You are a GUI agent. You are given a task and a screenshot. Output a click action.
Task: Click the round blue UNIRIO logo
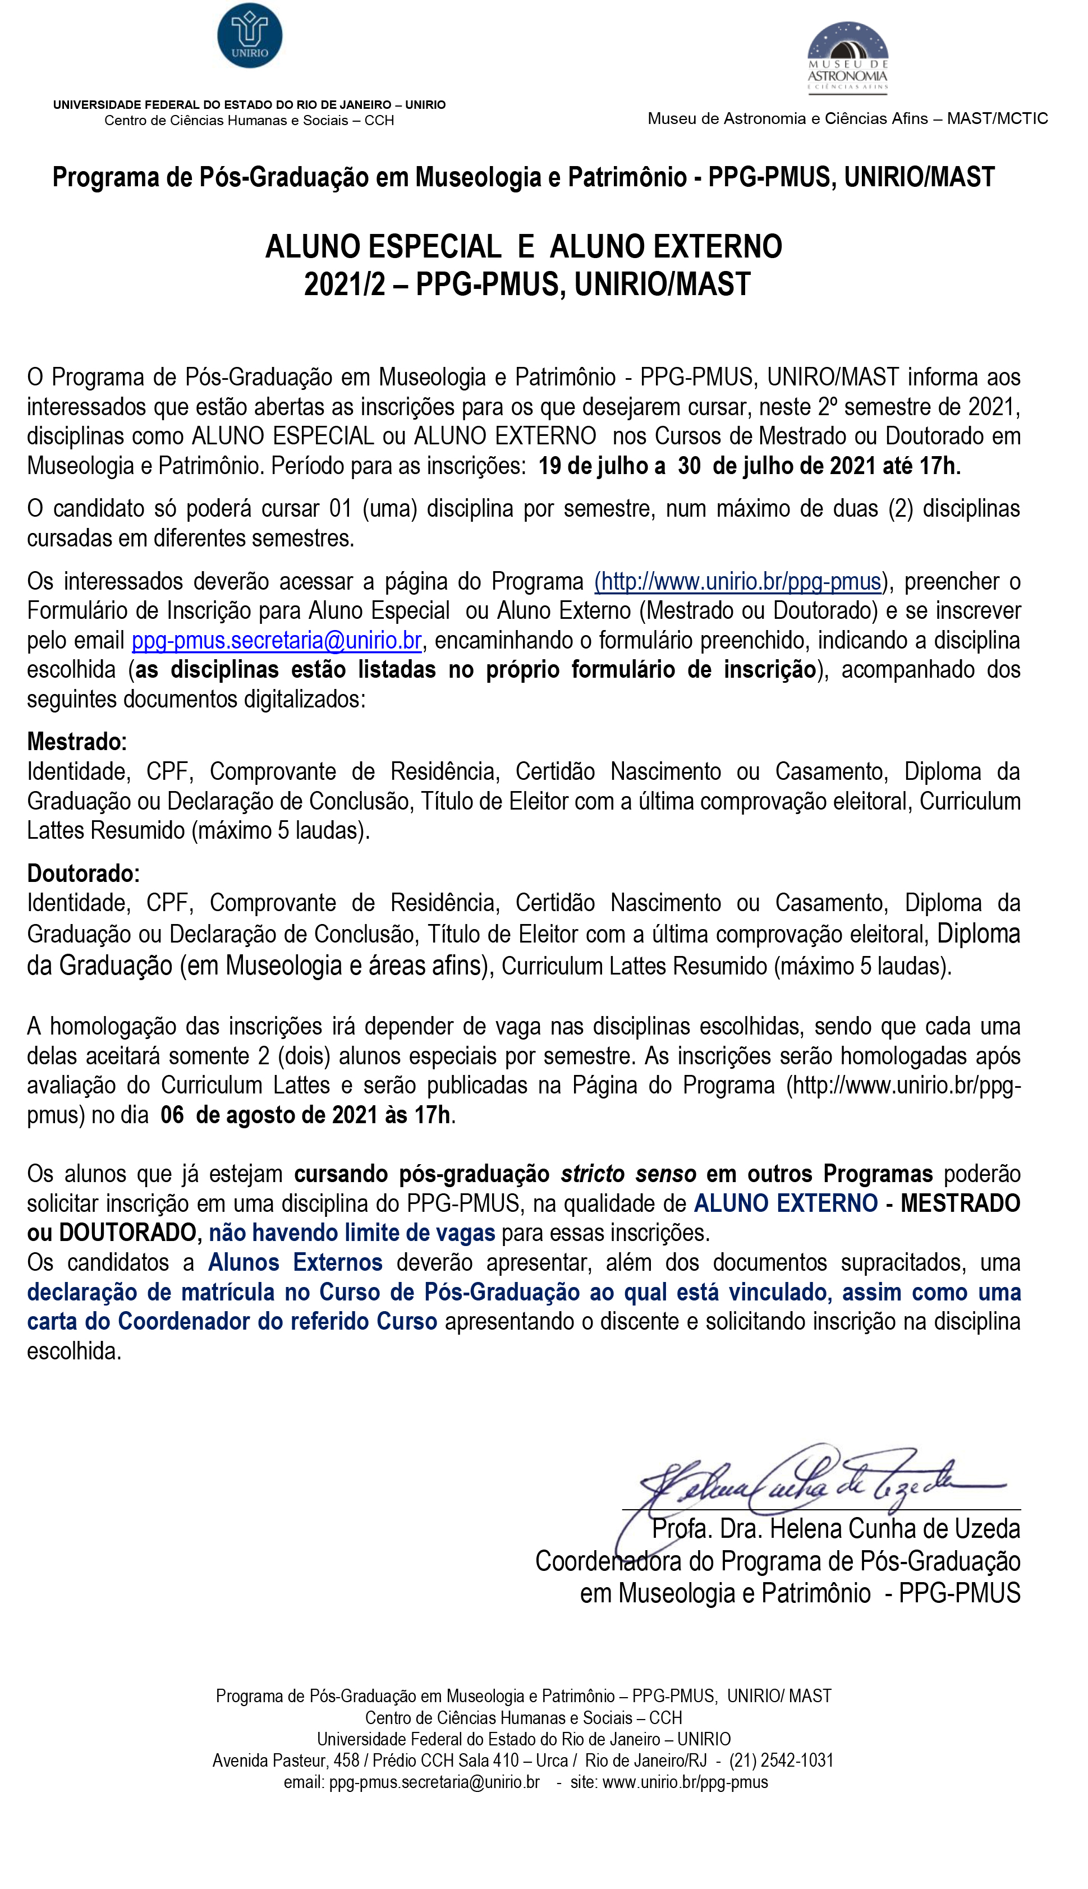pyautogui.click(x=250, y=35)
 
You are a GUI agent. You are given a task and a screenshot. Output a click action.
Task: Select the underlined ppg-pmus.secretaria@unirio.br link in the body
pyautogui.click(x=277, y=640)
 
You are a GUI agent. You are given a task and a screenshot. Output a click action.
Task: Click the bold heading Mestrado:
pyautogui.click(x=77, y=742)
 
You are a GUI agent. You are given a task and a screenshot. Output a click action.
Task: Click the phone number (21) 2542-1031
pyautogui.click(x=781, y=1761)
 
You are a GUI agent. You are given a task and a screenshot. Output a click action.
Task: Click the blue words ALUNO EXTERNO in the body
pyautogui.click(x=786, y=1203)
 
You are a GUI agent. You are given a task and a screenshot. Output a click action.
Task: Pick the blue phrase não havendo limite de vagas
pyautogui.click(x=351, y=1233)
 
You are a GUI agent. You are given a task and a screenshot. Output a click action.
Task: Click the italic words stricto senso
pyautogui.click(x=628, y=1174)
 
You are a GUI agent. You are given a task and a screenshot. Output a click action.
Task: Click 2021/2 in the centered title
pyautogui.click(x=344, y=284)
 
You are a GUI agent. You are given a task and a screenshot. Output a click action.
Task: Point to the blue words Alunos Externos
pyautogui.click(x=295, y=1262)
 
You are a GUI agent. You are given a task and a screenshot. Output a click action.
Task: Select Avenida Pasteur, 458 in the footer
pyautogui.click(x=286, y=1761)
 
